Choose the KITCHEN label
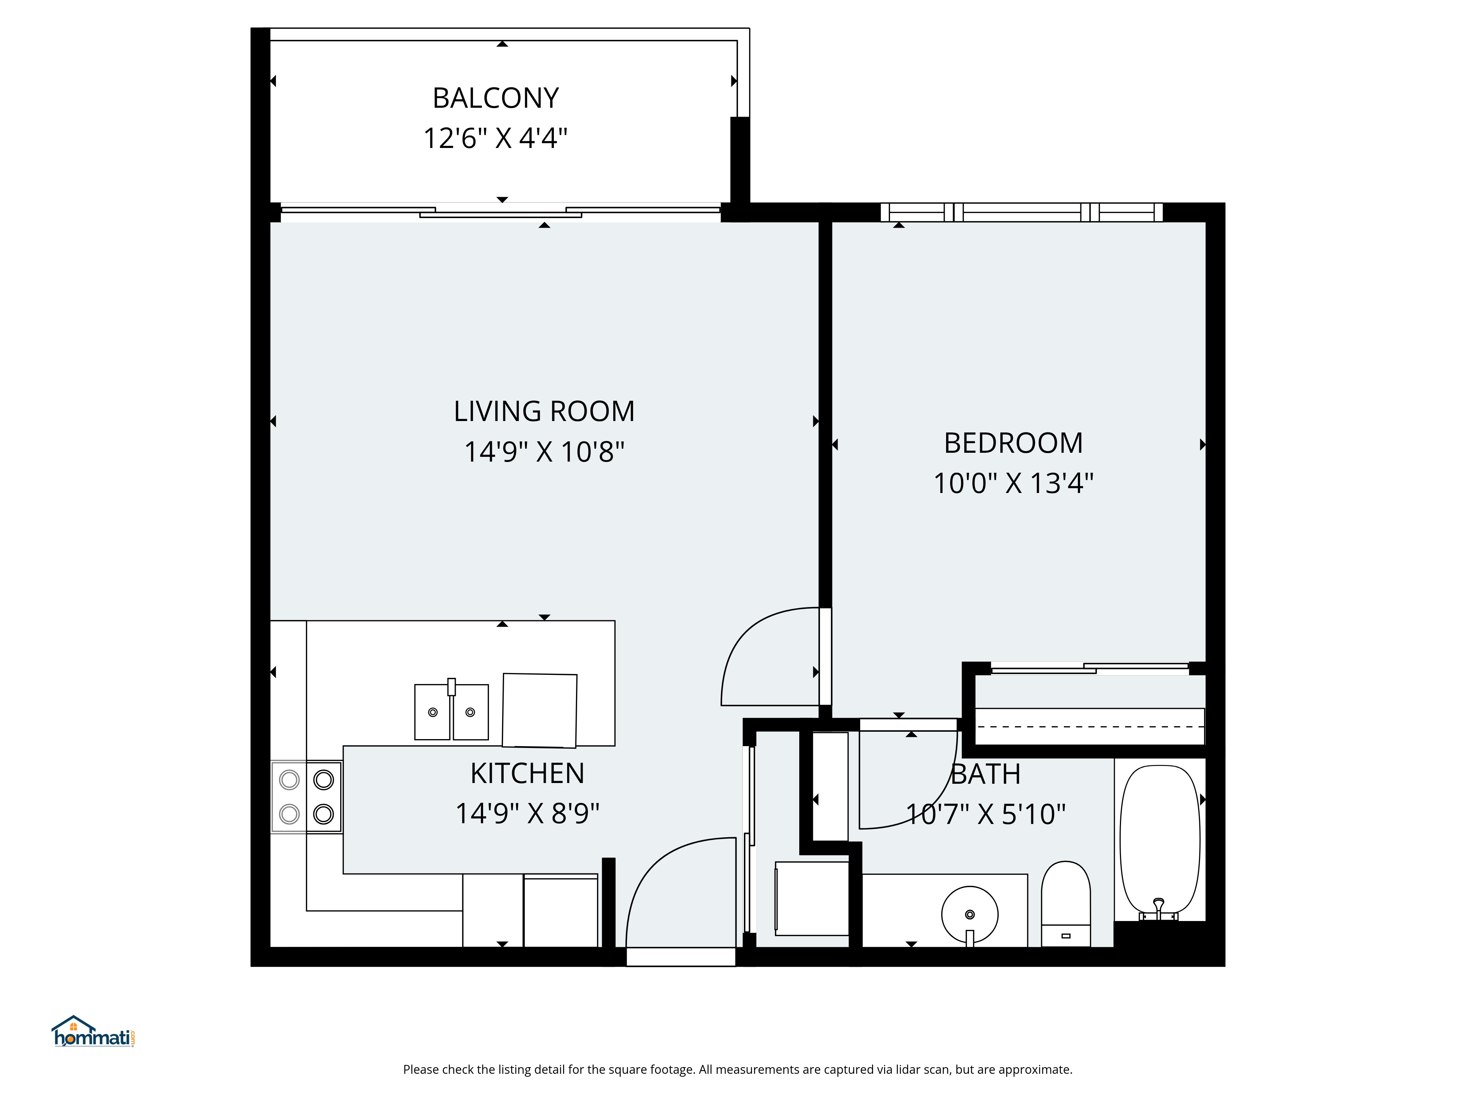(x=527, y=773)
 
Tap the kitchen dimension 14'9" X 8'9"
(x=527, y=813)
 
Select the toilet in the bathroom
(x=1066, y=903)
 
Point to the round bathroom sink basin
(x=969, y=914)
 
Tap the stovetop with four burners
(x=306, y=797)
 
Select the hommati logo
(x=93, y=1032)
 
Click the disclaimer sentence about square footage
(x=737, y=1070)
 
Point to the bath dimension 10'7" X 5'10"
(x=986, y=814)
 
